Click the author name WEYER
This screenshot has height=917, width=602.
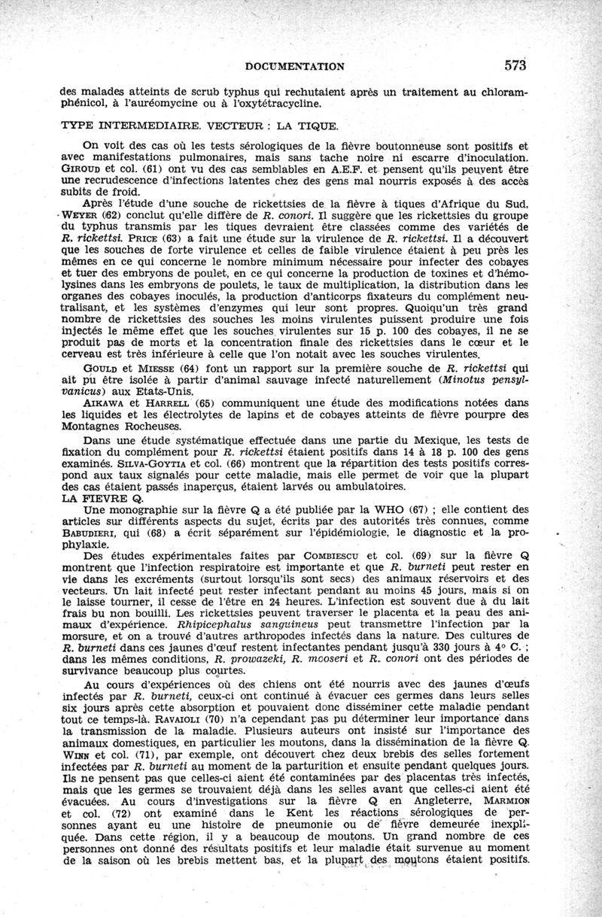point(81,215)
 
